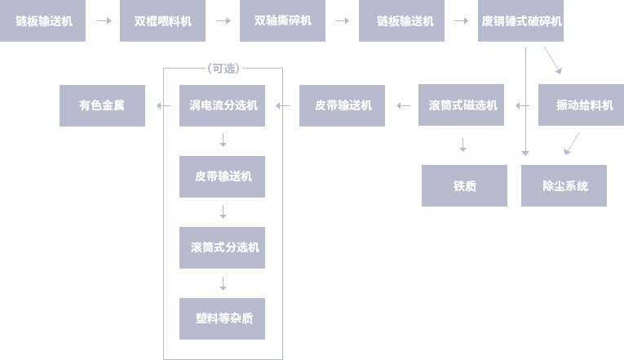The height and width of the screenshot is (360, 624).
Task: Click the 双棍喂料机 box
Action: coord(162,21)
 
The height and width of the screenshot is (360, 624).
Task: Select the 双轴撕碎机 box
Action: coord(282,21)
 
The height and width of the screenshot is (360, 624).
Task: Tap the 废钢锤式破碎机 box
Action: coord(520,21)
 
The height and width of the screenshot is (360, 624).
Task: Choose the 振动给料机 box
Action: coord(581,105)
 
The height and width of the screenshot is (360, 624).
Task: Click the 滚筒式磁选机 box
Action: coord(462,105)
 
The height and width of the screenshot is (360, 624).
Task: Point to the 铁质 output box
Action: coord(464,185)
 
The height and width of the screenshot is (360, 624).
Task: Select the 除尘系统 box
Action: coord(564,185)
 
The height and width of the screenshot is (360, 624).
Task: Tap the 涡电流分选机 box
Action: coord(222,105)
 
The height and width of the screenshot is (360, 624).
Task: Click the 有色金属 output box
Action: coord(102,105)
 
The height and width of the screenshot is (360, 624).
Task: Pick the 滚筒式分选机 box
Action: coord(222,247)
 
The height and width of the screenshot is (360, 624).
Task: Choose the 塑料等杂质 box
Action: coord(222,318)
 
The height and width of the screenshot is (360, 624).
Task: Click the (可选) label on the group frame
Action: coord(223,69)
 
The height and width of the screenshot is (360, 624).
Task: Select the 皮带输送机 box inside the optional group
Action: coord(222,176)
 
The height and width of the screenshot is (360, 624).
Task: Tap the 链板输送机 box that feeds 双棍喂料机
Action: coord(43,21)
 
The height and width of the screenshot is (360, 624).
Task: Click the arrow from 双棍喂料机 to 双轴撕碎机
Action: coord(223,21)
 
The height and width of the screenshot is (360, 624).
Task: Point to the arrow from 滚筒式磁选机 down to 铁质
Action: coord(462,144)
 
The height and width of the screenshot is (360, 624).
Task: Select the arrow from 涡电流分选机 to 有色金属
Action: coord(162,105)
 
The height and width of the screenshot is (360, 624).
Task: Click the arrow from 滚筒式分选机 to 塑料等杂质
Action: coord(223,283)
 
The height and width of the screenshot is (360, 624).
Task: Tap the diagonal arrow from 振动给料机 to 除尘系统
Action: coord(571,144)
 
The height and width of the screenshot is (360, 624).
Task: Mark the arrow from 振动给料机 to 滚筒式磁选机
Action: coord(521,105)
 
